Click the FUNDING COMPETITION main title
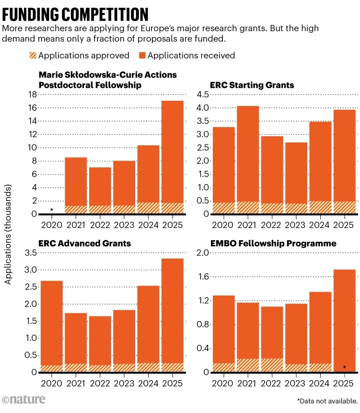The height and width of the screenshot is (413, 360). [x=76, y=12]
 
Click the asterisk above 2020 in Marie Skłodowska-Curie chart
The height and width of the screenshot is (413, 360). [x=52, y=210]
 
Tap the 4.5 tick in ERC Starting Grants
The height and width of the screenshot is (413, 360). [x=200, y=94]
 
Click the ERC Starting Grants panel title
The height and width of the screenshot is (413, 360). [x=252, y=85]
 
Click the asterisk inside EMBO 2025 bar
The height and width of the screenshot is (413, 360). [x=344, y=367]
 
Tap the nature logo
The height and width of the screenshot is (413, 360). [x=24, y=399]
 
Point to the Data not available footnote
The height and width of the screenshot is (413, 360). [x=327, y=401]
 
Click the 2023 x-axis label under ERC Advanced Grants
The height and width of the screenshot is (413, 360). [x=123, y=384]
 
